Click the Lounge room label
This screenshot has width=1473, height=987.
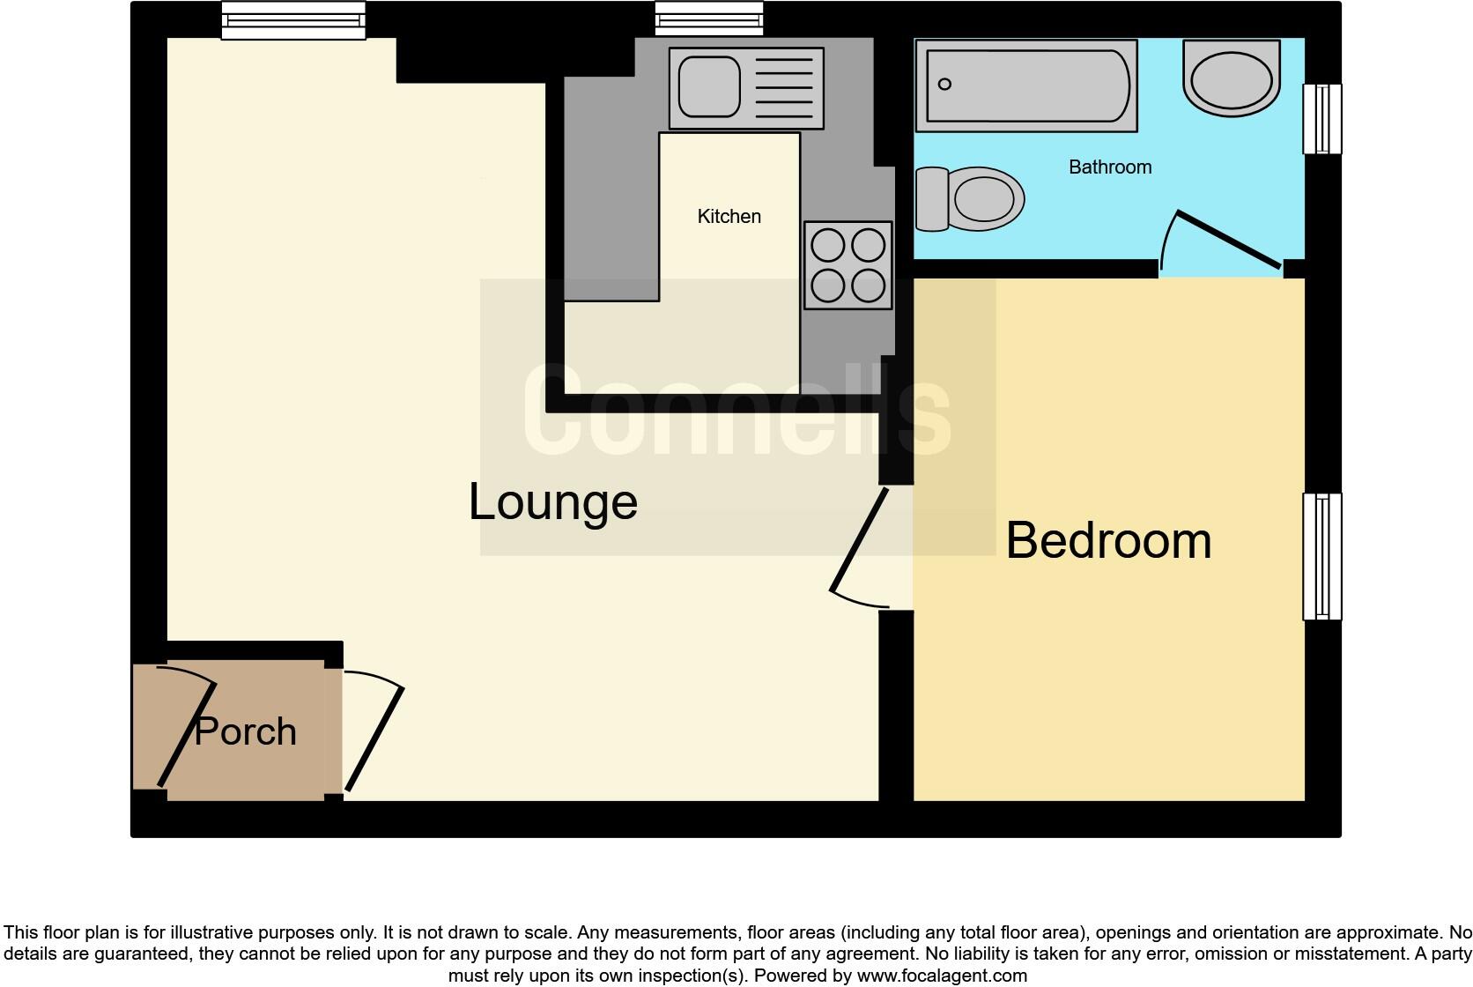tap(552, 502)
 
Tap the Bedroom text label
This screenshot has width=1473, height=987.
tap(1108, 540)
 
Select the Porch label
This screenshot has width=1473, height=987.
tap(245, 731)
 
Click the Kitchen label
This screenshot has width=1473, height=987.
tap(729, 217)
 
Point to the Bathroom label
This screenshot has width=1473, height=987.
tap(1109, 167)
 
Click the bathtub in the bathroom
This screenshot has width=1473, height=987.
tap(1026, 85)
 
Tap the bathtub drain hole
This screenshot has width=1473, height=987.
tap(945, 85)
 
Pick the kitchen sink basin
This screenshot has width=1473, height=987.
tap(705, 86)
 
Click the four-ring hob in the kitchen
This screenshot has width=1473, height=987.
tap(848, 264)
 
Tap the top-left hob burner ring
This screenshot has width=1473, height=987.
tap(828, 246)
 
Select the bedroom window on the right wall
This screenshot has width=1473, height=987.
tap(1321, 556)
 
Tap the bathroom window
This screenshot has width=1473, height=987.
tap(1321, 119)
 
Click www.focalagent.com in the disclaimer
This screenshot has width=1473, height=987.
tap(942, 976)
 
